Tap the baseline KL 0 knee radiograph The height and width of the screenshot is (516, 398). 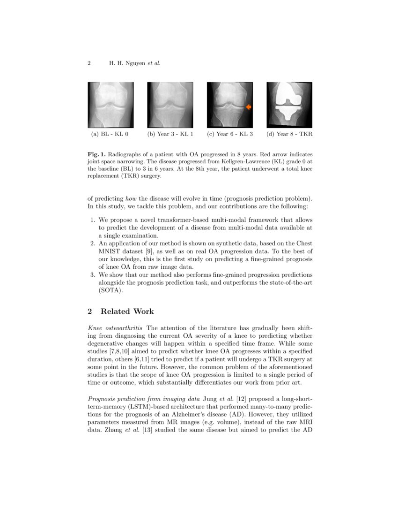click(x=111, y=105)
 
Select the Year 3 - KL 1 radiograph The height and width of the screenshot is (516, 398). click(x=170, y=105)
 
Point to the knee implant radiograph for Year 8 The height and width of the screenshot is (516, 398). click(x=289, y=105)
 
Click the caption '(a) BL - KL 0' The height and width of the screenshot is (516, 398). click(x=110, y=134)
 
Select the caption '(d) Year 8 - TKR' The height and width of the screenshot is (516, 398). click(x=289, y=134)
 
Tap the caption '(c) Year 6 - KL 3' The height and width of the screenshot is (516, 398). click(x=230, y=134)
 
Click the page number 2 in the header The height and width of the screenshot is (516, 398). click(x=89, y=63)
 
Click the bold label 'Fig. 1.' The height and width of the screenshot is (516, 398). click(x=96, y=154)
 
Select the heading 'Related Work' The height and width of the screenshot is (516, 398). click(x=127, y=311)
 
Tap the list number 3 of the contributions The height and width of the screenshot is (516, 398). click(x=92, y=275)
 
